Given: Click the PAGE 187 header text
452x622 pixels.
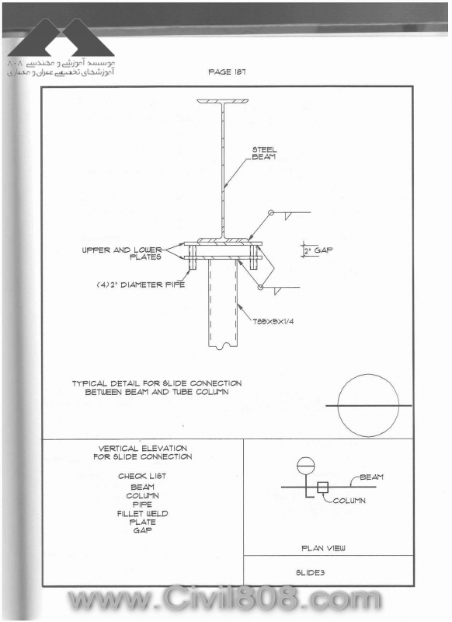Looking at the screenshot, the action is point(227,72).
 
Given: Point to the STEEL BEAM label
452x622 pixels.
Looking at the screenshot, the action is point(264,153).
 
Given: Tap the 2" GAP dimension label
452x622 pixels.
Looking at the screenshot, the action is point(318,250).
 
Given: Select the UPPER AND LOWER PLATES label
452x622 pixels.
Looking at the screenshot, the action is point(122,253).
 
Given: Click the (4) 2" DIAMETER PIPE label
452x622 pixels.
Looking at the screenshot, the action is point(141,285).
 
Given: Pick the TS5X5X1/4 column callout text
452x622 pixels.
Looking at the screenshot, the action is point(273,321).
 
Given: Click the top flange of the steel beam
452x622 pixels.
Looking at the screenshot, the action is point(223,101).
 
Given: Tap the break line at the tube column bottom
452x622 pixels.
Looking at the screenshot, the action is point(223,346).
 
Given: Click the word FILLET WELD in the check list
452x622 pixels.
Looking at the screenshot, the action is point(143,513).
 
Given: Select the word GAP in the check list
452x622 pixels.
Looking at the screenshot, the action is point(143,530).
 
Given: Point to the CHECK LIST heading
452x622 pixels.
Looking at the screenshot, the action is point(142,476).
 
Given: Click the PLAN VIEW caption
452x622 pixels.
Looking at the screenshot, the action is point(323,548).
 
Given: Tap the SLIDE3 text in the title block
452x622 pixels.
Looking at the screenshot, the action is point(310,572).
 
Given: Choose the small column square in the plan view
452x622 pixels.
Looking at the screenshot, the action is point(323,487).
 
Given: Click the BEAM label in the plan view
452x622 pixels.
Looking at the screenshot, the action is point(371,477).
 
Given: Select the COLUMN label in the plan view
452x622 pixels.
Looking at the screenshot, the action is point(349,501).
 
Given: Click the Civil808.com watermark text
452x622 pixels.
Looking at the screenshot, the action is point(224,598).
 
